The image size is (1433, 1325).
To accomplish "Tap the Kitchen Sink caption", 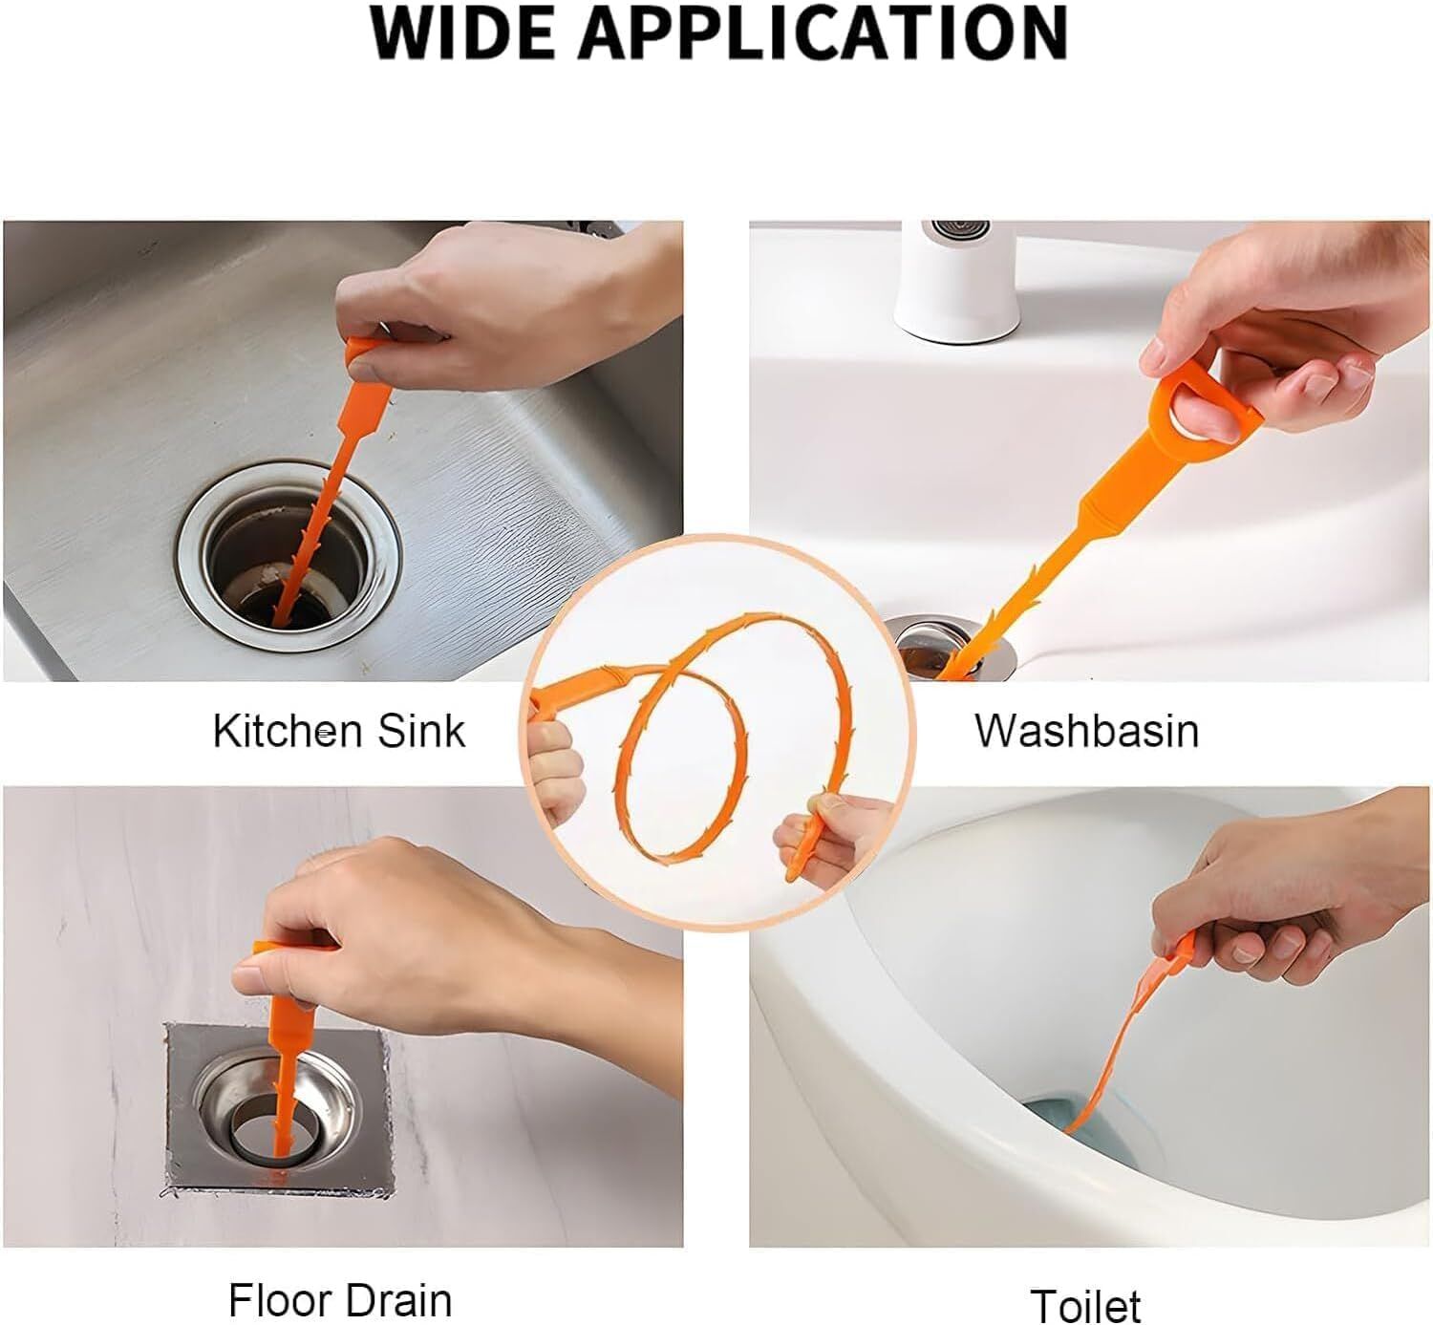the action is point(338,731).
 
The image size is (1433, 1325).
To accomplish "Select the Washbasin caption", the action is point(1086,731).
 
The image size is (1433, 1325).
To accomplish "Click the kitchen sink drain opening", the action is point(289,566).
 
